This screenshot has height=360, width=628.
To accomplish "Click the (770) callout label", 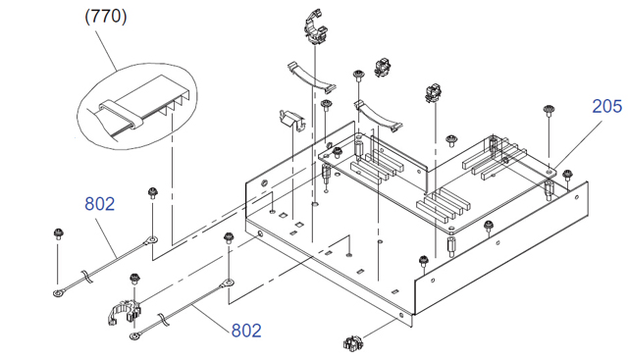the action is click(x=106, y=17).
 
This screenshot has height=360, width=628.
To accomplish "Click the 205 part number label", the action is click(x=606, y=107).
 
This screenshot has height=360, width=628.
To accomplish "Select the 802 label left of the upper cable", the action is click(x=100, y=204).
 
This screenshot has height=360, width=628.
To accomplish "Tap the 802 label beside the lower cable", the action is click(x=246, y=331).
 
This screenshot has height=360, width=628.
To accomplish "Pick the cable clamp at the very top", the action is click(x=316, y=26).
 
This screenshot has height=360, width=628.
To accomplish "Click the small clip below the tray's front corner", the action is click(x=352, y=343).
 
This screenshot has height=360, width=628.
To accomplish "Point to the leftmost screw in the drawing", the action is click(x=59, y=233).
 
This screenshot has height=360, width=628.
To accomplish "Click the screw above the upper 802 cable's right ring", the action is click(x=152, y=192).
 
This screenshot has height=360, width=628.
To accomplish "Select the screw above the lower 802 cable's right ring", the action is click(x=229, y=237).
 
